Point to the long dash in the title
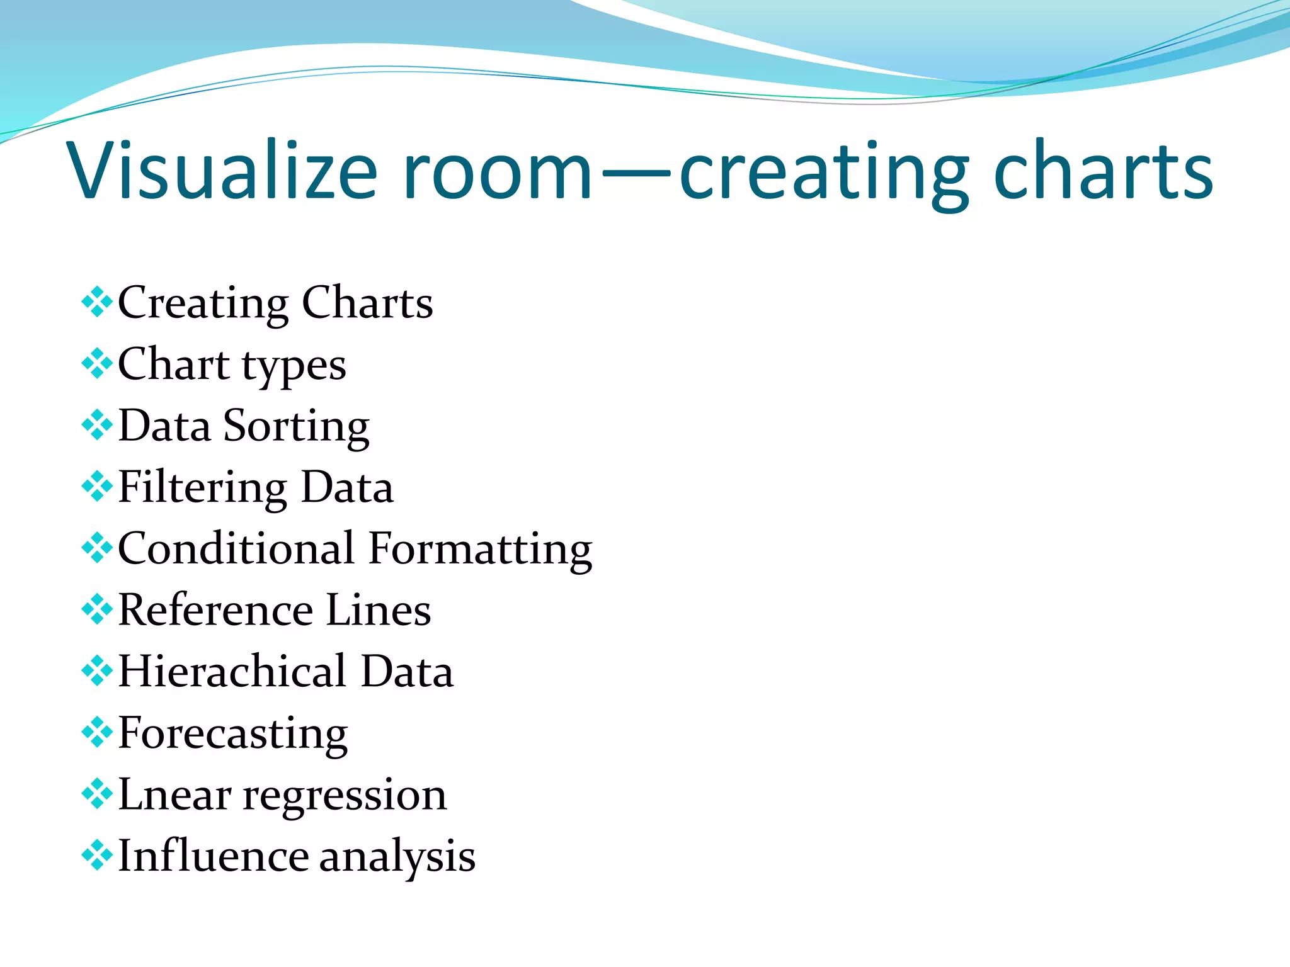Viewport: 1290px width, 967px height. (x=636, y=171)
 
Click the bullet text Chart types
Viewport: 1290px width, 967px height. (x=232, y=365)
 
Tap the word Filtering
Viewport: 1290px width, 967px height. (x=203, y=489)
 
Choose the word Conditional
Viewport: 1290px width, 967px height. (x=236, y=548)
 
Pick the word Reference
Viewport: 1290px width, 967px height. (x=215, y=610)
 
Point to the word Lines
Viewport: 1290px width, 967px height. (x=379, y=610)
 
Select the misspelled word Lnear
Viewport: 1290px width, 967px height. (x=174, y=795)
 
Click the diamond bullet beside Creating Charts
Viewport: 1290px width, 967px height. (x=97, y=302)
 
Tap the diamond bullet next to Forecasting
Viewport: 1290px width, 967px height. (x=97, y=732)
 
